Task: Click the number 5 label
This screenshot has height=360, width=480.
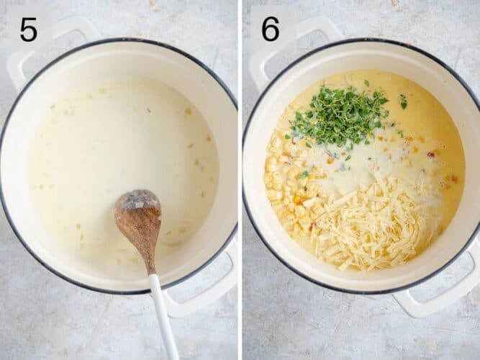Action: pos(28,29)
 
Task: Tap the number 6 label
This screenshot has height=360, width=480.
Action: pos(271,29)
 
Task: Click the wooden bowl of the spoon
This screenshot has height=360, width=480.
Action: pos(138,220)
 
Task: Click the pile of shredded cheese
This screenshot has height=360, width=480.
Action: pos(371,223)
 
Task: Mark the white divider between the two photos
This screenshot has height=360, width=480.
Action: pos(240,180)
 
